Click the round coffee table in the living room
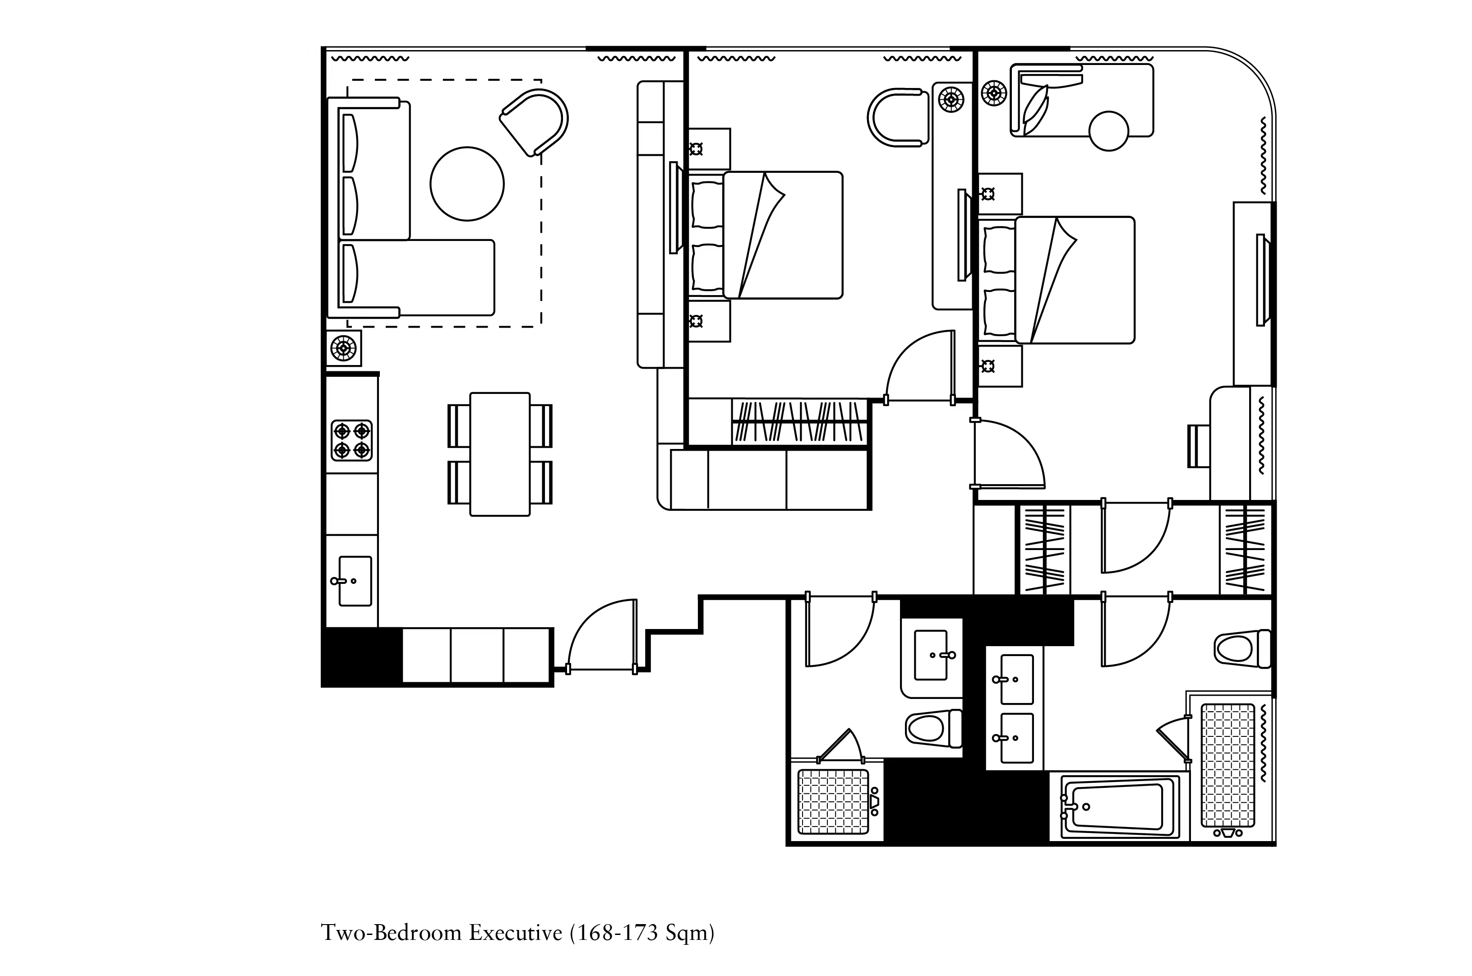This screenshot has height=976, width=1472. click(466, 184)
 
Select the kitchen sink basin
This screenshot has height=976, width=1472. click(355, 581)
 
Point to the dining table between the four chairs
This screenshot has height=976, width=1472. click(499, 454)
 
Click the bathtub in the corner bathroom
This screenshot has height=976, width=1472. click(1114, 807)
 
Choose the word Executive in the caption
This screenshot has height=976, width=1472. click(515, 933)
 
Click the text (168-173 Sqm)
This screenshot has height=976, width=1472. click(642, 933)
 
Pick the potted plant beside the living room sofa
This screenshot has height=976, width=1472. click(343, 348)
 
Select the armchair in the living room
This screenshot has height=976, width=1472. click(535, 121)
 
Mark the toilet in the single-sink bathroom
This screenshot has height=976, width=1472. click(932, 728)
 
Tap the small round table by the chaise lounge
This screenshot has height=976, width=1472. click(1109, 131)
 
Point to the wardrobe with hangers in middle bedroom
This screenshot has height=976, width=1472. click(799, 422)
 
